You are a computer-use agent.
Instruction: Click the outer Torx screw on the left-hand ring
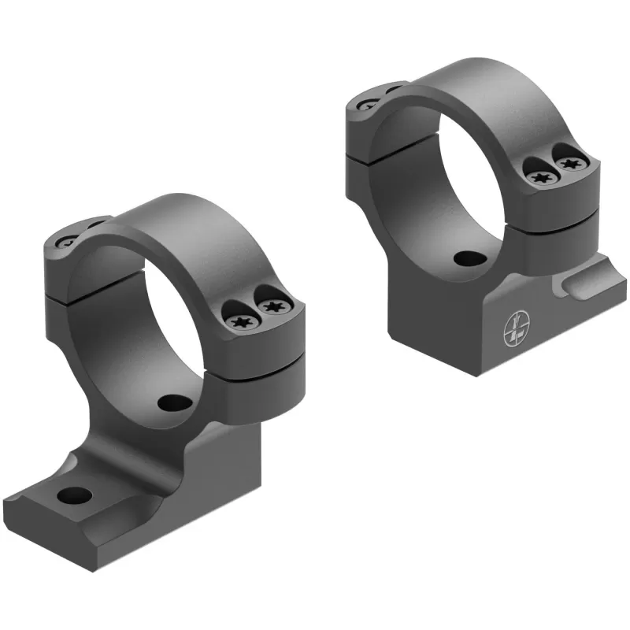click(x=272, y=306)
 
